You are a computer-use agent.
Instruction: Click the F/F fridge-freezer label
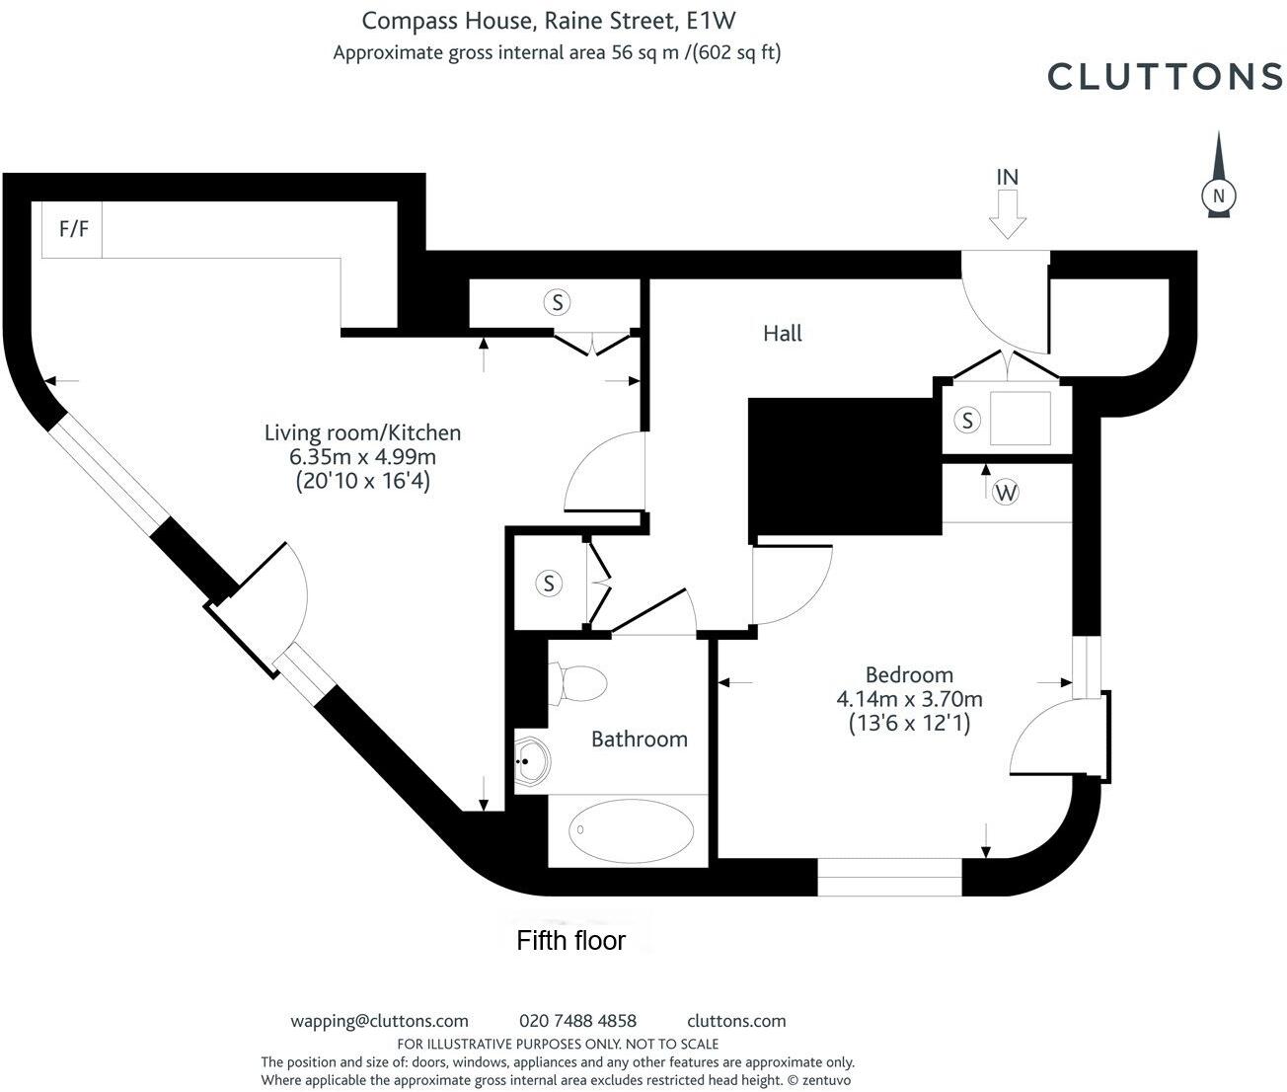coord(73,229)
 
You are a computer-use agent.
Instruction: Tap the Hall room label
coord(782,334)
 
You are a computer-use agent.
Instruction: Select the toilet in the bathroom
coord(578,683)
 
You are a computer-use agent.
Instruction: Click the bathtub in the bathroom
coord(631,831)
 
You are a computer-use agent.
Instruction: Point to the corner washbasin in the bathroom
coord(531,761)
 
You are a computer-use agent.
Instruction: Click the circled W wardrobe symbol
coord(1006,493)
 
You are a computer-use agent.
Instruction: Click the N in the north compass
coord(1219,196)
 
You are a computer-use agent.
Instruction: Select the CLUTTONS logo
coord(1165,77)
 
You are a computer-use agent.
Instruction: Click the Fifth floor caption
coord(571,941)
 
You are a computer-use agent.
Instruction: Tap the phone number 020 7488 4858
coord(577,1021)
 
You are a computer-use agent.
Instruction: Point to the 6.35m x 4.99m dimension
coord(362,456)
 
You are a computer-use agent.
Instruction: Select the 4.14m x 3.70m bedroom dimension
coord(909,699)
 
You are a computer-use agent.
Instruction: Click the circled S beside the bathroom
coord(549,584)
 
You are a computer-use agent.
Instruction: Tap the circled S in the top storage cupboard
coord(557,303)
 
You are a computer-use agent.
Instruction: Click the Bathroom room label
coord(640,740)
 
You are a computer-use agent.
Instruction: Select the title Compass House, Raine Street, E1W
coord(549,21)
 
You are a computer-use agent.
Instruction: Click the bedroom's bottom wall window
coord(889,877)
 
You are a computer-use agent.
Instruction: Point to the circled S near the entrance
coord(967,420)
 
